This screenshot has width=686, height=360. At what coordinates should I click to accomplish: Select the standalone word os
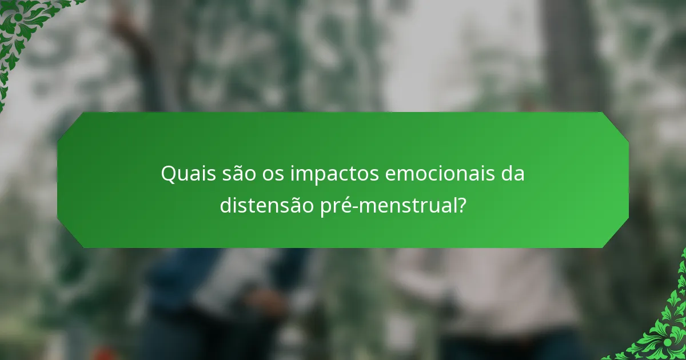point(274,174)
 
